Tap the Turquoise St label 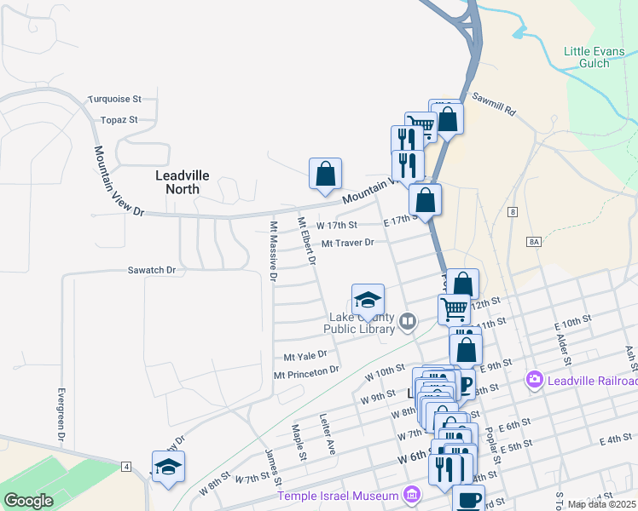(x=113, y=100)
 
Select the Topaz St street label (x=119, y=120)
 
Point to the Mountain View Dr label (x=119, y=180)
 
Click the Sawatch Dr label (x=151, y=270)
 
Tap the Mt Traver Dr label (x=348, y=243)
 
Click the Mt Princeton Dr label (x=306, y=372)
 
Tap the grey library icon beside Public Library (x=407, y=321)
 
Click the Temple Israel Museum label (x=338, y=496)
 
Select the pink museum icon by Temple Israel (x=412, y=495)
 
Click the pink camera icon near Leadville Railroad (x=535, y=379)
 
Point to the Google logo (x=28, y=501)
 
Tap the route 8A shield (x=534, y=242)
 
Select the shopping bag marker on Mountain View (x=325, y=175)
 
